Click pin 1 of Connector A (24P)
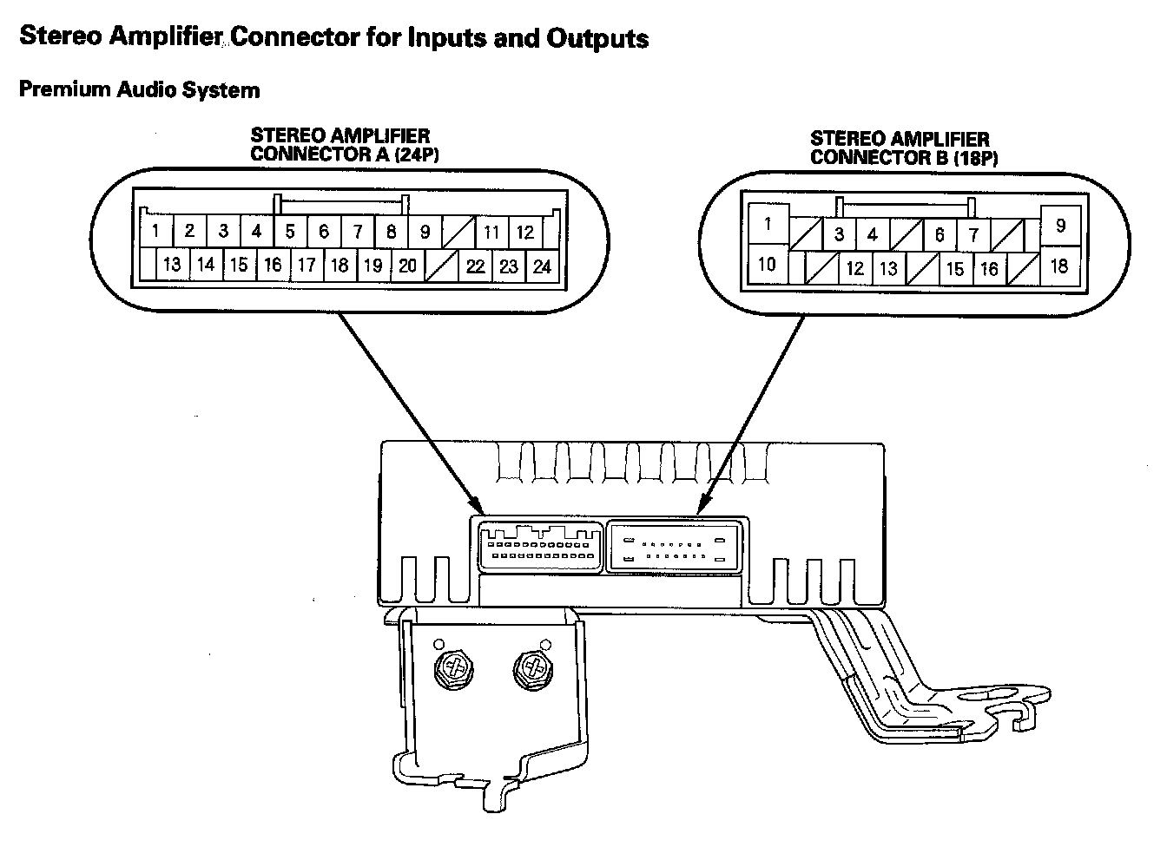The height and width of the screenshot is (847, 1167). point(155,232)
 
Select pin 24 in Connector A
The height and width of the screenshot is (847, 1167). point(542,266)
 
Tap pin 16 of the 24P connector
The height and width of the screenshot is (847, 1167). point(273,265)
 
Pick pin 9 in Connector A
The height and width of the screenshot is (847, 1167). point(425,232)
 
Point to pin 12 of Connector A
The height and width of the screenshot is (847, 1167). point(524,232)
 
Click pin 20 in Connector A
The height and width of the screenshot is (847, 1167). point(407,266)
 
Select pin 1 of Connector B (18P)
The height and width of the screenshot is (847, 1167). point(768,224)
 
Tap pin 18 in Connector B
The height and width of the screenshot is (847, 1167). point(1058,265)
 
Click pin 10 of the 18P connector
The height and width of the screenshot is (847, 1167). point(767,263)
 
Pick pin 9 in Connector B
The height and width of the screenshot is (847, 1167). point(1060,225)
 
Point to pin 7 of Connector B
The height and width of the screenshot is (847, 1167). point(973,234)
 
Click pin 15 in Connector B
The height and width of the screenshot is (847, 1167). point(955,269)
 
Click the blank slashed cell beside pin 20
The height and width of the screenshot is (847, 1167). point(441,266)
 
